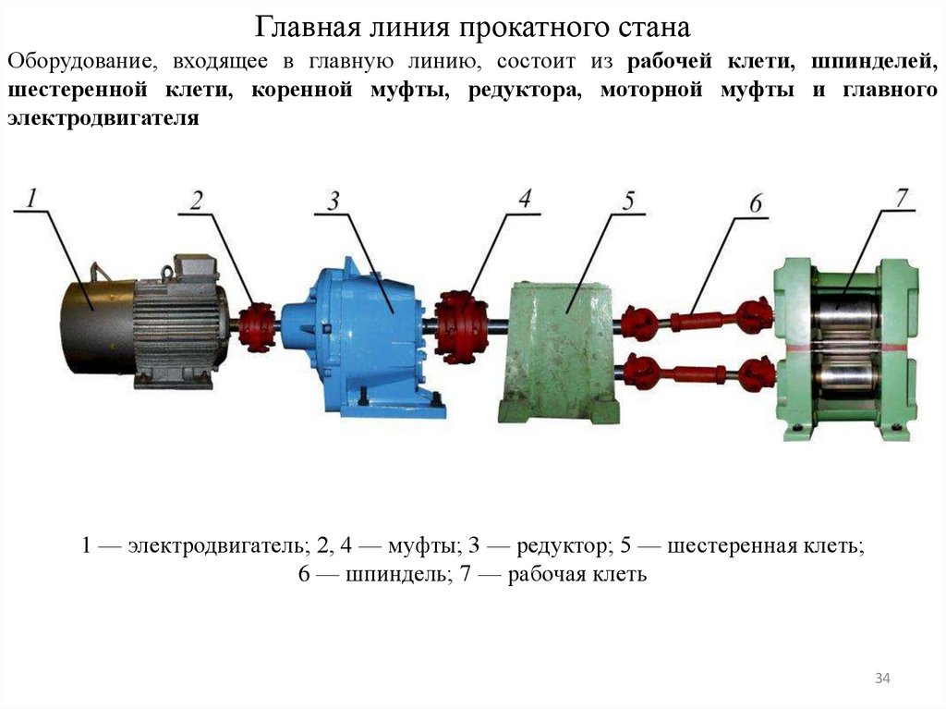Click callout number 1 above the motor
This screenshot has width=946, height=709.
pos(31,197)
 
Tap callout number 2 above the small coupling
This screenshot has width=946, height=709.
pos(197,201)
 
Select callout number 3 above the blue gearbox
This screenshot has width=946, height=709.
pos(334,200)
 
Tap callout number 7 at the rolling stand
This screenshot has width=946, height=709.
pos(901,197)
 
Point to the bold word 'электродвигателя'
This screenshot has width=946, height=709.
pos(103,118)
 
